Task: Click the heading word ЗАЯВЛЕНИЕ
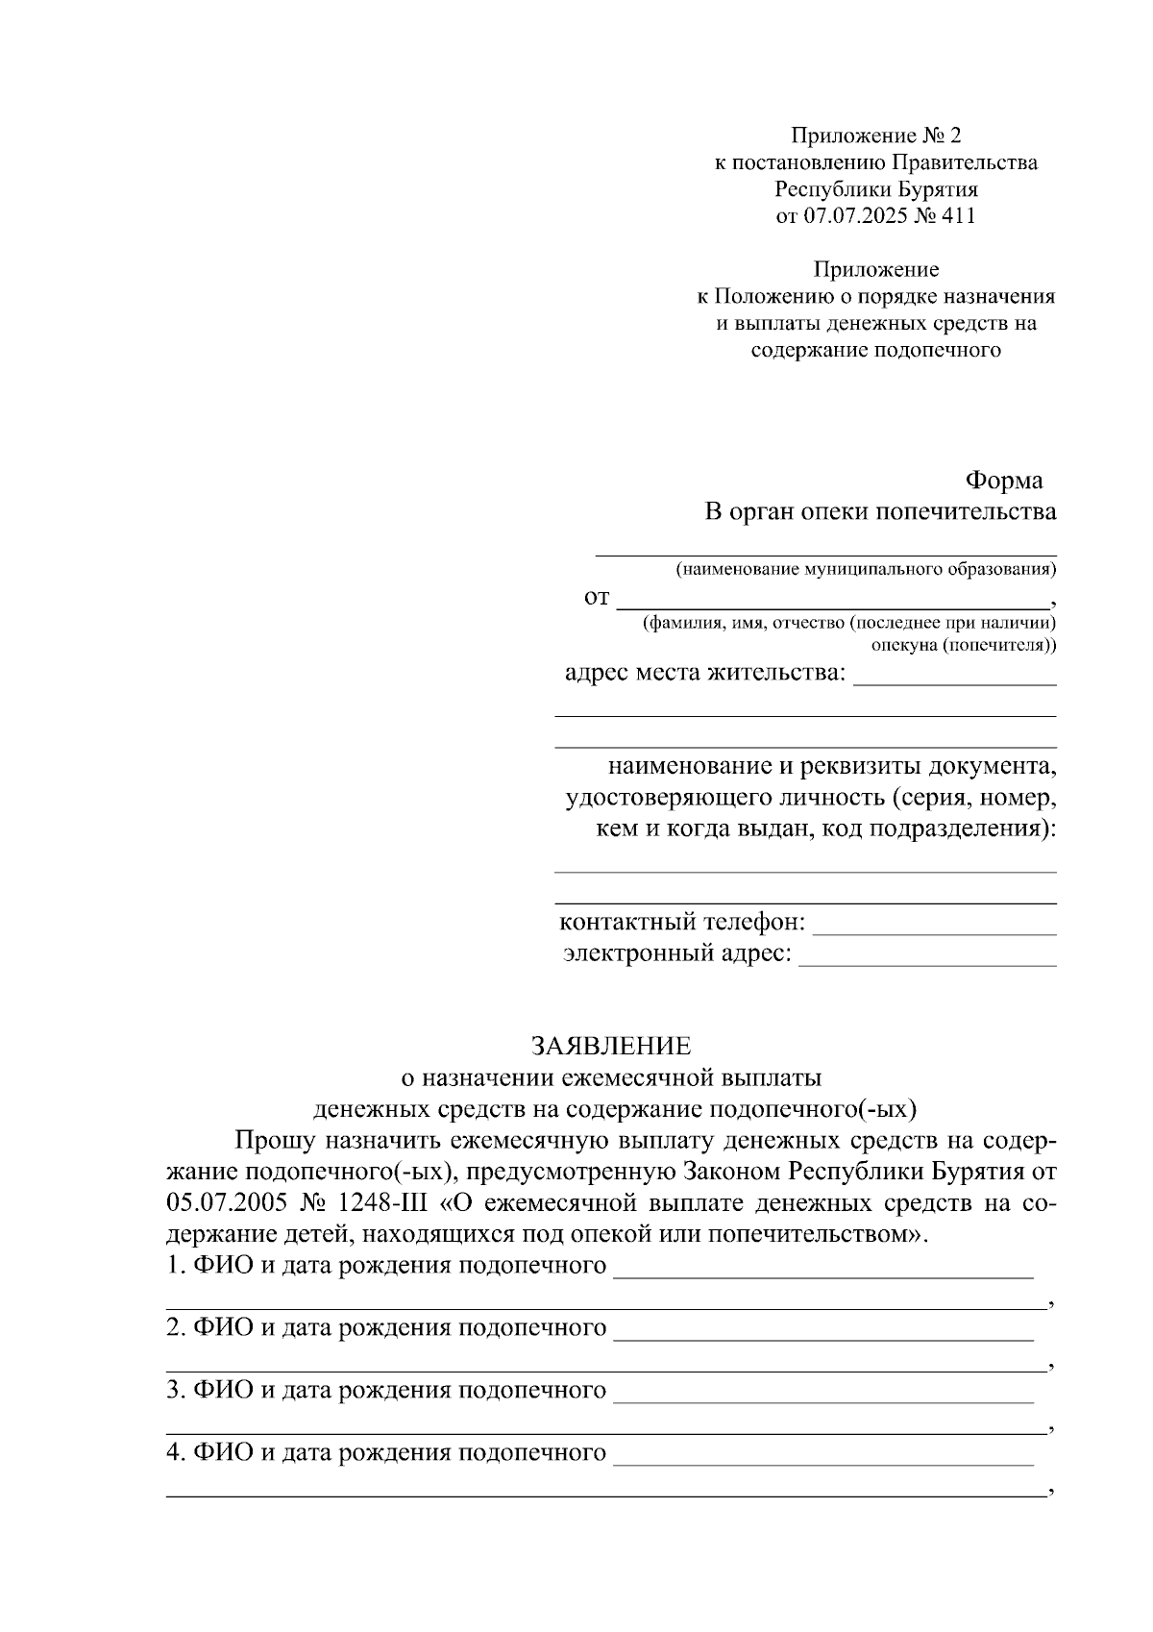tap(611, 1045)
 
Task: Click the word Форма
tap(1003, 480)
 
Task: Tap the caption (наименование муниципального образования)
tap(866, 569)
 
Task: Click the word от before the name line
tap(597, 598)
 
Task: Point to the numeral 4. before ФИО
tap(175, 1452)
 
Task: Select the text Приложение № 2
tap(875, 136)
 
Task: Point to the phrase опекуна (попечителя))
tap(963, 645)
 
